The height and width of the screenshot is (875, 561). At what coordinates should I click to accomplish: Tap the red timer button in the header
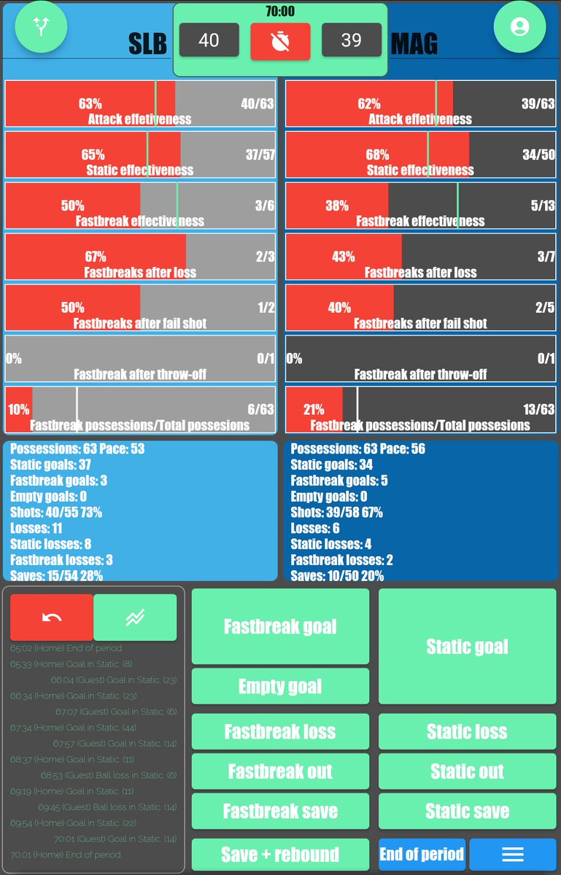click(x=280, y=41)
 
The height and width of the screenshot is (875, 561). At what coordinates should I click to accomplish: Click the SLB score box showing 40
click(x=209, y=40)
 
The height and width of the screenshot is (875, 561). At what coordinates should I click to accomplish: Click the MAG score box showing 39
click(x=352, y=40)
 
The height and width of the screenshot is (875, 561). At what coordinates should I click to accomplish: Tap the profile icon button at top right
click(x=519, y=27)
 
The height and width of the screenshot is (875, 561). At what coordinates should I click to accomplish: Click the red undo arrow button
click(x=52, y=618)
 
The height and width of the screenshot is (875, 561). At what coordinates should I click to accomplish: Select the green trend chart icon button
click(x=135, y=618)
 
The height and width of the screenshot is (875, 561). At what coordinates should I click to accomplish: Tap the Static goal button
click(x=467, y=647)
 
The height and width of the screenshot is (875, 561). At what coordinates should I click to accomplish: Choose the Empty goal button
click(x=280, y=686)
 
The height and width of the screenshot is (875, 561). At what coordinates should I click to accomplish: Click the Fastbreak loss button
click(x=280, y=731)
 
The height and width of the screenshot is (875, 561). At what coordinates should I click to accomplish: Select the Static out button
click(x=467, y=771)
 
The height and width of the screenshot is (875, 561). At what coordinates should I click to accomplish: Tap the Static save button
click(x=467, y=811)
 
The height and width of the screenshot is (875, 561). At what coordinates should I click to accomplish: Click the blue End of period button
click(x=422, y=854)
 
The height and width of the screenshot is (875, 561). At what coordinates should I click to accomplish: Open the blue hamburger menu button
click(x=512, y=854)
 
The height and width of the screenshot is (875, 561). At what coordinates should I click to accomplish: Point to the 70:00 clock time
click(x=280, y=11)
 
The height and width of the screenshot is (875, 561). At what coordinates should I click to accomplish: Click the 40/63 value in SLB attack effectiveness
click(x=257, y=104)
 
